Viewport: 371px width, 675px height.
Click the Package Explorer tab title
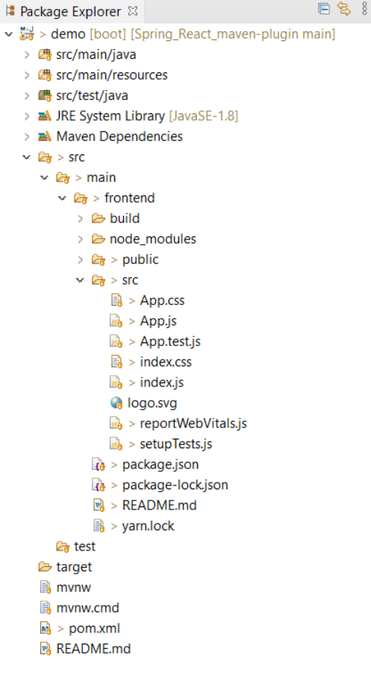[70, 12]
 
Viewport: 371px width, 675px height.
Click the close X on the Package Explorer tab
[133, 11]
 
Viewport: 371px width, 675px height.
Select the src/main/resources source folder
[112, 75]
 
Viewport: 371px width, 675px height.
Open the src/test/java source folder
[92, 95]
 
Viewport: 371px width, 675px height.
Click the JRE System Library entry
[110, 116]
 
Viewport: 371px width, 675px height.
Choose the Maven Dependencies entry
[119, 136]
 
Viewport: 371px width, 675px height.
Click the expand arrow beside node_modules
[81, 239]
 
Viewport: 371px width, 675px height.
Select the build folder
[124, 219]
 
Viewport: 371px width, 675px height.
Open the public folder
[140, 260]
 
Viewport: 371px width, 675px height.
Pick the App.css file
[161, 301]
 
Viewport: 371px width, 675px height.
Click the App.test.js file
[169, 342]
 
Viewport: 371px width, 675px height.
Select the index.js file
[160, 383]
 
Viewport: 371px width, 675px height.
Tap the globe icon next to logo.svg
[116, 404]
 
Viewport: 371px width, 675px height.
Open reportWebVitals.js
[193, 424]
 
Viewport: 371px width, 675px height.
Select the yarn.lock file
[148, 526]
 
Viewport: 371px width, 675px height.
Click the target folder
[74, 567]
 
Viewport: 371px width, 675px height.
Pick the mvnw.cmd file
[87, 608]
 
